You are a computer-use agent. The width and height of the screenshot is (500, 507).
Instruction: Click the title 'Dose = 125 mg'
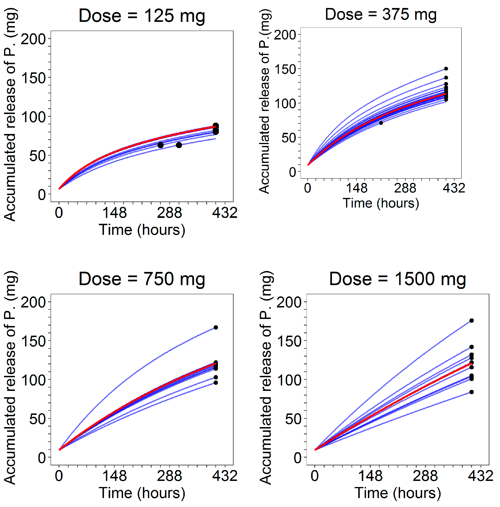142,16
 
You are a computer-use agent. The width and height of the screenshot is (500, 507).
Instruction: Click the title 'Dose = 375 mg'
381,14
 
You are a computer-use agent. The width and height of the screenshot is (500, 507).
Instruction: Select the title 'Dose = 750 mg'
142,279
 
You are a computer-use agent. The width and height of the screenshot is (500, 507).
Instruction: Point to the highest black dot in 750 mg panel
216,327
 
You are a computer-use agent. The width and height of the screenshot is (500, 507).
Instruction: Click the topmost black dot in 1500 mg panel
471,321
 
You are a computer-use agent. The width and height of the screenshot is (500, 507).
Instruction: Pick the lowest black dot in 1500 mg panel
471,392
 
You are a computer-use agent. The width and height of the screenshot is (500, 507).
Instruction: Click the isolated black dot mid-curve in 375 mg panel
381,123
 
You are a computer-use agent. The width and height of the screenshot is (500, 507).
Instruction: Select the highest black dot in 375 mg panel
446,69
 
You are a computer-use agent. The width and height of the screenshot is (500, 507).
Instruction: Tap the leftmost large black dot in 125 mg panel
161,145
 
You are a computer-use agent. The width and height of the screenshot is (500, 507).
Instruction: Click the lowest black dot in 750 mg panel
216,383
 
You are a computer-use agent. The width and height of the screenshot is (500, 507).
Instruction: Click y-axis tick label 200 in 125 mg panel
33,39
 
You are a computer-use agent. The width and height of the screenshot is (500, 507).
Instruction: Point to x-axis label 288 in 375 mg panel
405,188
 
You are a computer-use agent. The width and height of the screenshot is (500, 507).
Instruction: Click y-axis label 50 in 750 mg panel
37,419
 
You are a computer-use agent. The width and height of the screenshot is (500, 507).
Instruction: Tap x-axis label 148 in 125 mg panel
114,212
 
